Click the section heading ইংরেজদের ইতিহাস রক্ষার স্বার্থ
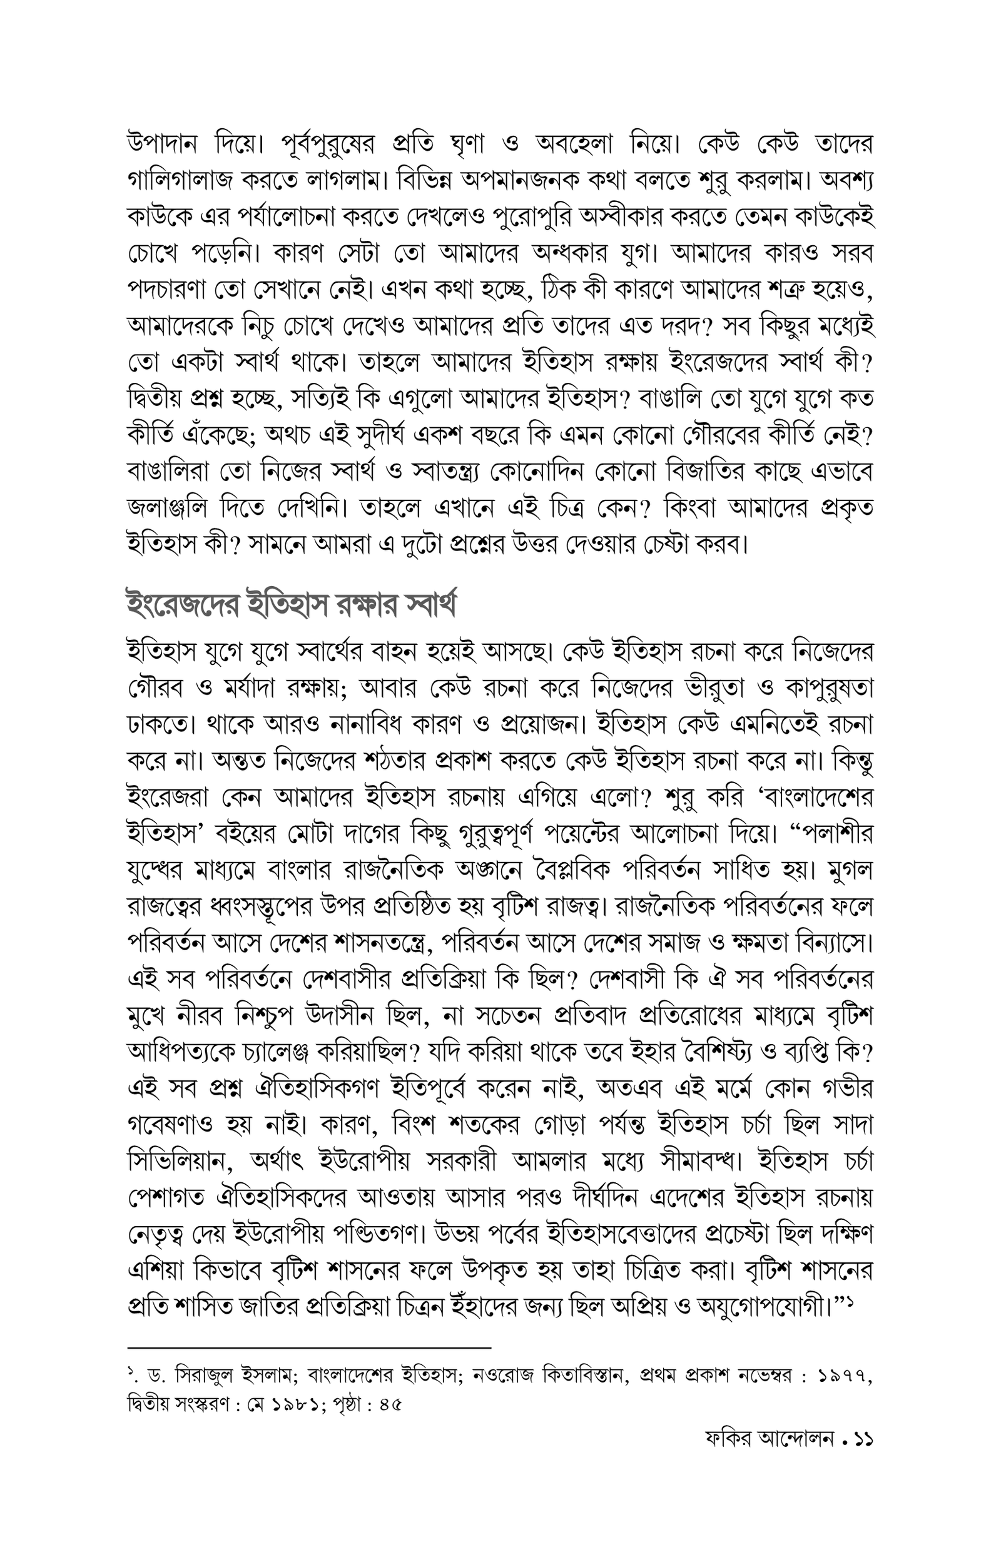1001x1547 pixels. pos(290,604)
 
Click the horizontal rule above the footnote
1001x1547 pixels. pos(309,1348)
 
